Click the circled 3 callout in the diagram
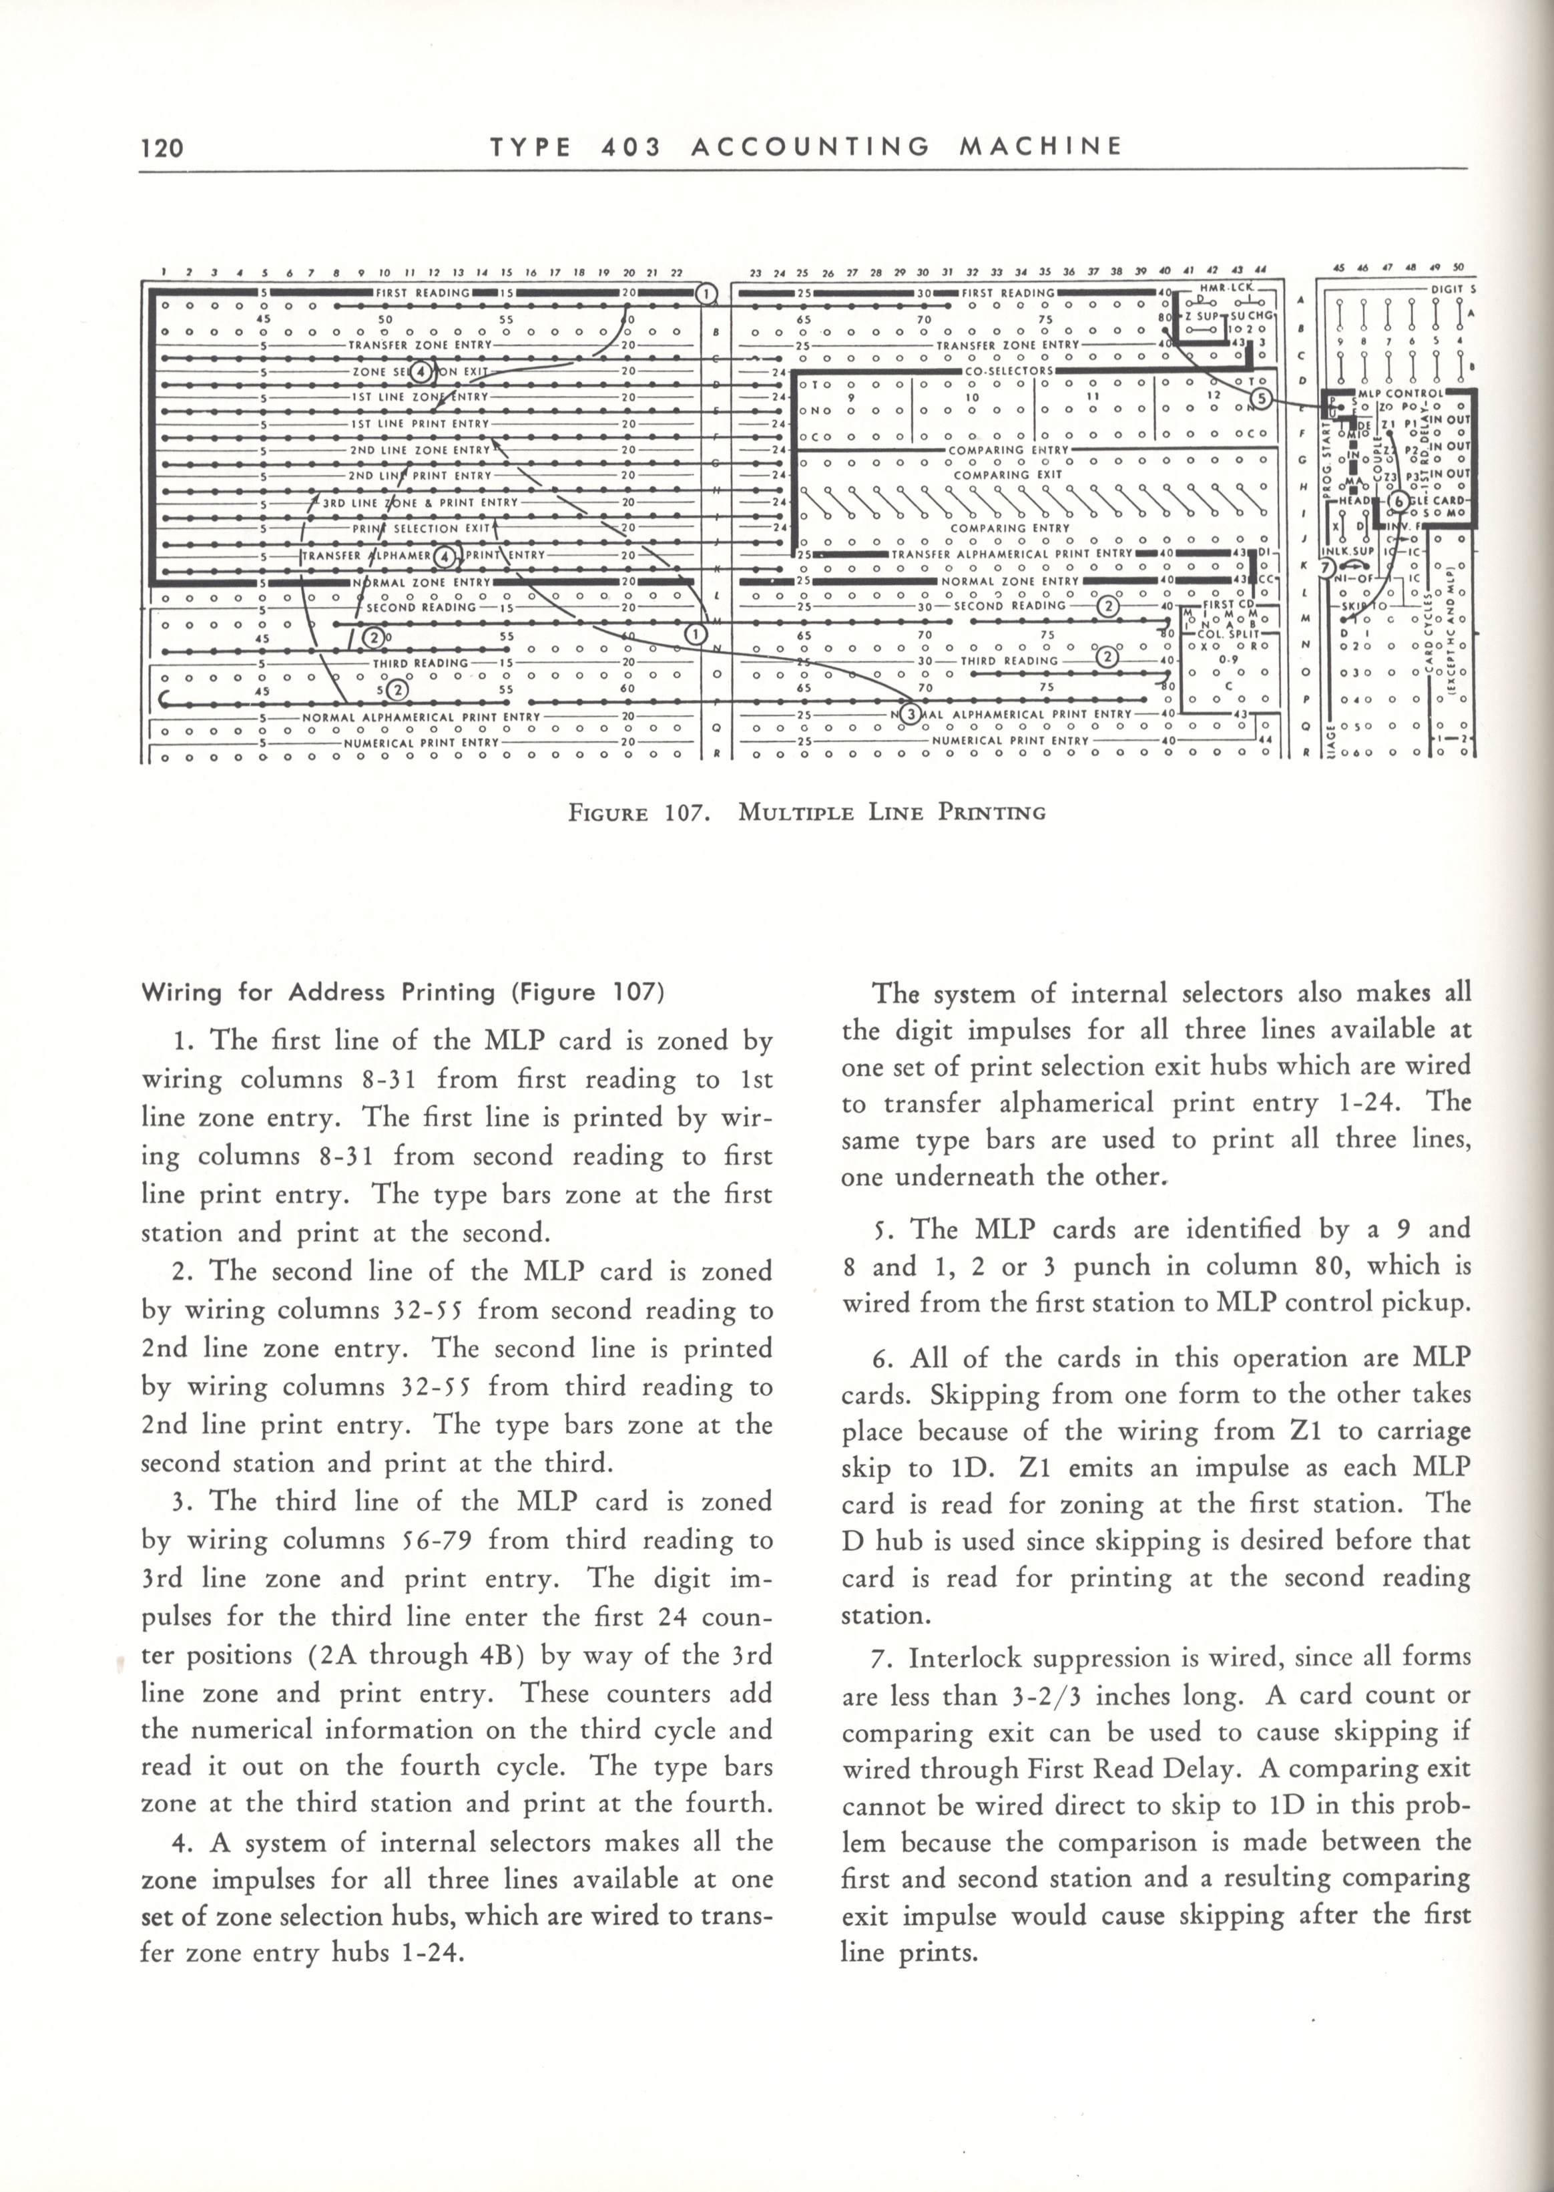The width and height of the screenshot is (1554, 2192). click(910, 713)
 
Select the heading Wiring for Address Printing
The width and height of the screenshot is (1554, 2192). click(402, 992)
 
